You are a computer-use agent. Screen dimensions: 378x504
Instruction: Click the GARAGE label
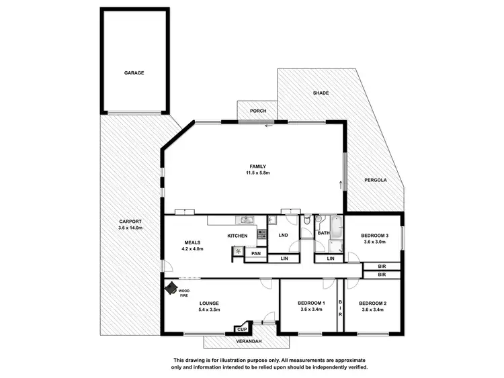click(x=134, y=73)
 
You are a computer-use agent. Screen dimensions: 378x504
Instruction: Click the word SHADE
click(x=321, y=93)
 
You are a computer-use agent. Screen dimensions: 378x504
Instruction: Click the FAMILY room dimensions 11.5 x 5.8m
click(x=258, y=173)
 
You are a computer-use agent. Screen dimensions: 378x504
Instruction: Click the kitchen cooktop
click(x=260, y=234)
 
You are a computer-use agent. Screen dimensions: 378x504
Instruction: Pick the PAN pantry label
click(x=255, y=254)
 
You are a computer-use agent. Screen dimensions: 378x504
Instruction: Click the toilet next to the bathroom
click(x=306, y=220)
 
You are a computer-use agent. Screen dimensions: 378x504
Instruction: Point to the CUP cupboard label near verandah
click(x=241, y=330)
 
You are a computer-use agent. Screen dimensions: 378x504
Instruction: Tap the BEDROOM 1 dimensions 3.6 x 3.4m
click(x=311, y=310)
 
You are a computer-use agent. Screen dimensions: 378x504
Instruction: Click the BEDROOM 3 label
click(x=374, y=236)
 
